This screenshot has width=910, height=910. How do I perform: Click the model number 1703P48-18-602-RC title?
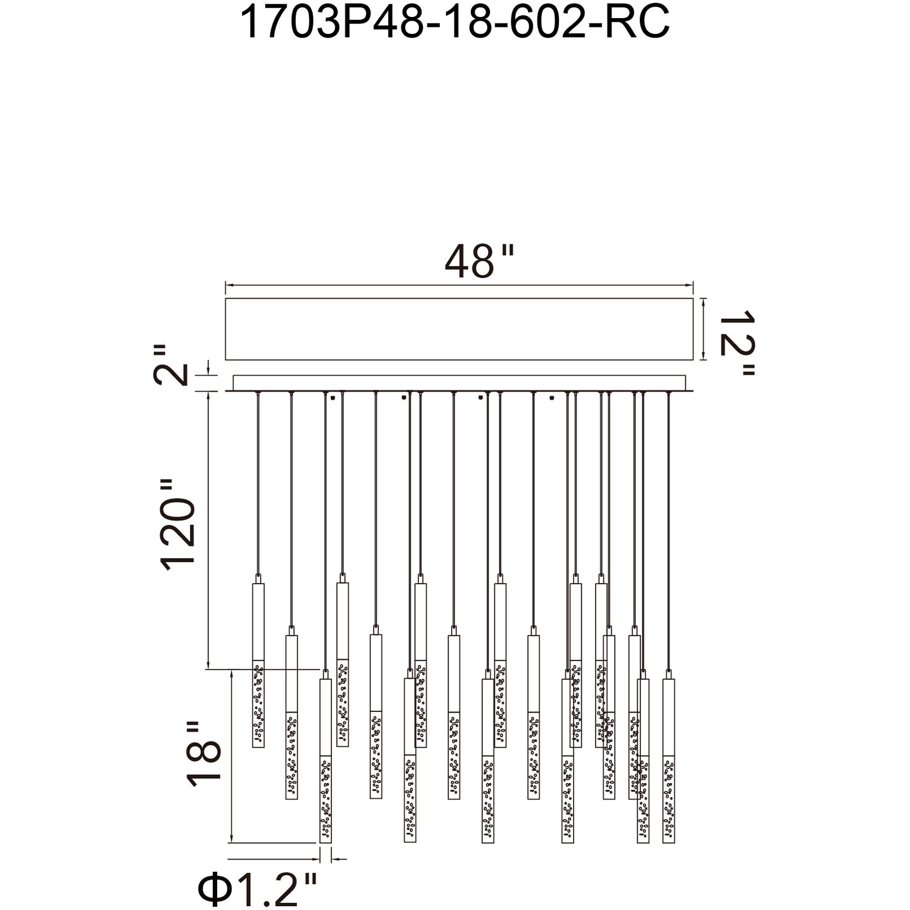coord(455,22)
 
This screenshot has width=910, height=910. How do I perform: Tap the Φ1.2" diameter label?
coord(258,890)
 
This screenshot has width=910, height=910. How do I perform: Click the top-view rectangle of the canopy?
coord(459,329)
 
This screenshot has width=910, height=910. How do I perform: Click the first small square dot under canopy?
coord(332,398)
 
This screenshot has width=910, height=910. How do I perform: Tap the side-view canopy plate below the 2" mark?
coord(459,383)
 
